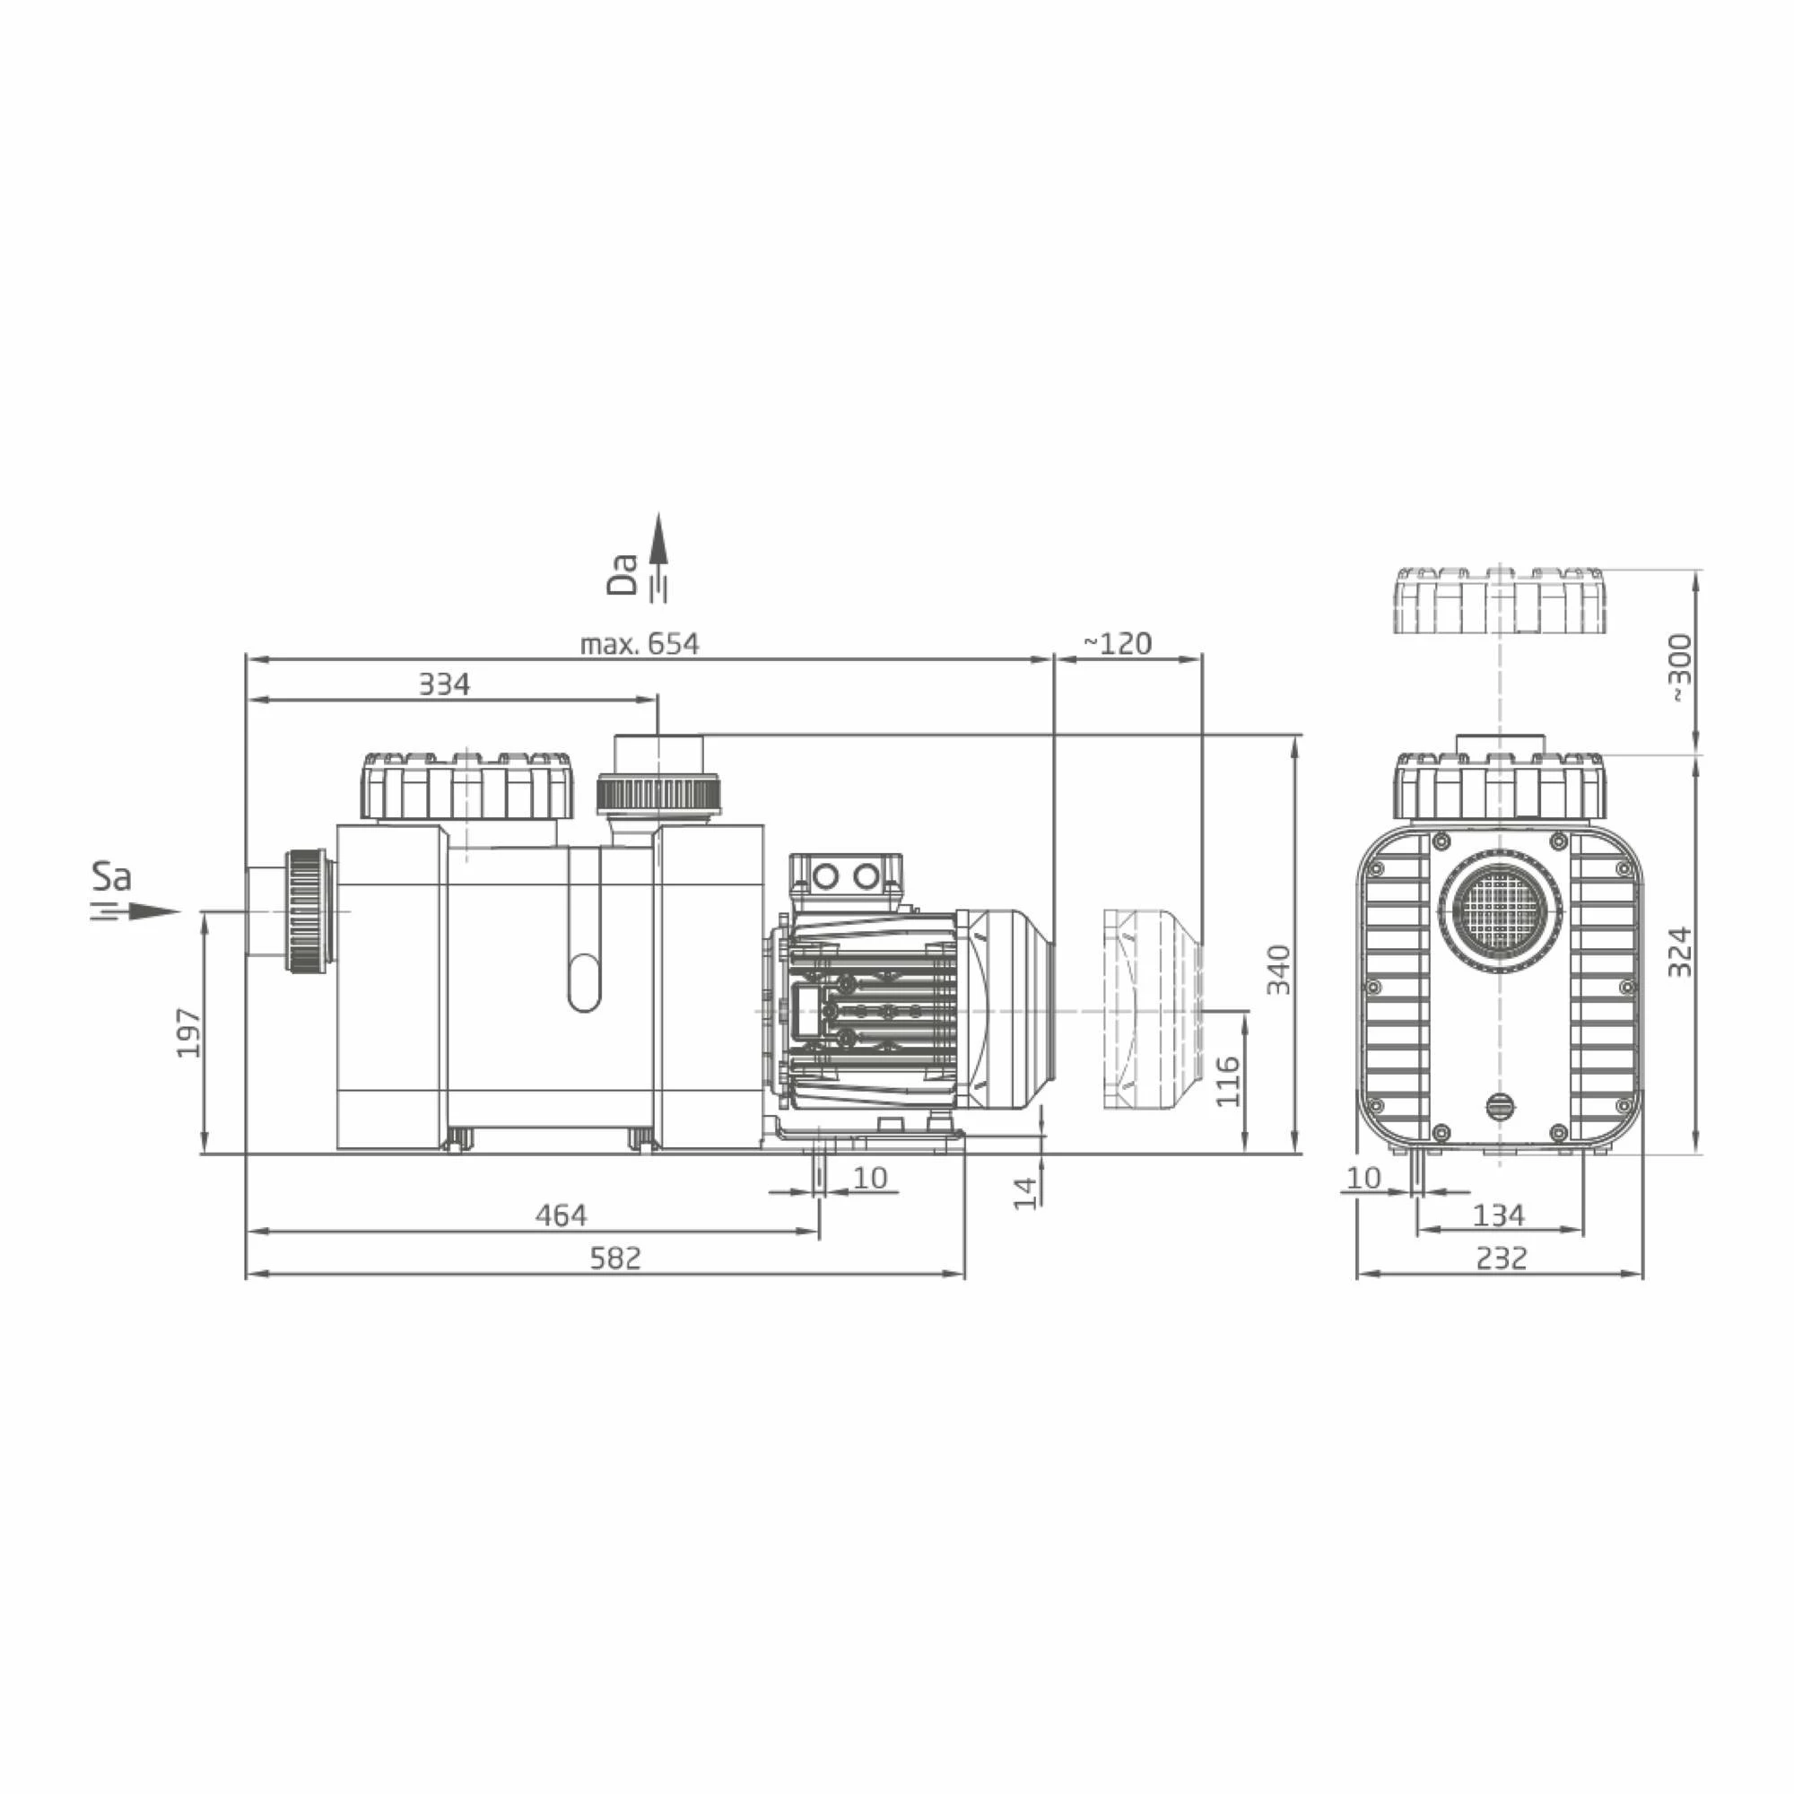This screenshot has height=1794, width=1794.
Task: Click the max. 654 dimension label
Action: [x=639, y=643]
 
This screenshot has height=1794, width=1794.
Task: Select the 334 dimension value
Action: [x=444, y=684]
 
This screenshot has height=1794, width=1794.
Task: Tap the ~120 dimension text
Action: [x=1118, y=642]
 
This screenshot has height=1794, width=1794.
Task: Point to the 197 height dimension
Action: [x=188, y=1032]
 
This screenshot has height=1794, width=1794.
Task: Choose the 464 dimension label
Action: [x=561, y=1215]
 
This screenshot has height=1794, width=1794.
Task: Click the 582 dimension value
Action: [x=615, y=1258]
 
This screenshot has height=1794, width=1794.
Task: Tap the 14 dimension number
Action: [x=1024, y=1193]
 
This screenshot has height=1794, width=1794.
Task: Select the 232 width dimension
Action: [x=1502, y=1258]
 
